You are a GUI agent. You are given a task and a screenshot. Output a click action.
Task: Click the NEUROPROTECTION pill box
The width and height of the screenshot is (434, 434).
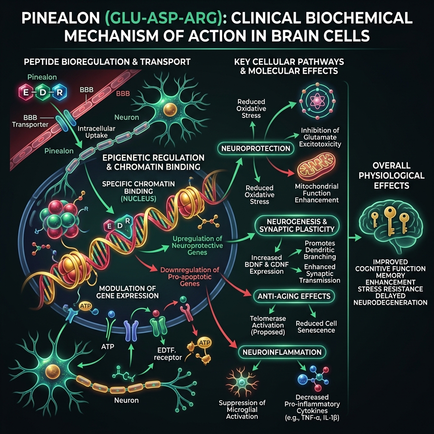click(256, 148)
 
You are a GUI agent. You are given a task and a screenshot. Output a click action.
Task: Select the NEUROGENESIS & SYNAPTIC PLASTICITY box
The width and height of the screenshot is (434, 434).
click(297, 225)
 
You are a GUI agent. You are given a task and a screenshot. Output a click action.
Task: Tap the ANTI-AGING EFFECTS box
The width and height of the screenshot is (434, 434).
click(294, 296)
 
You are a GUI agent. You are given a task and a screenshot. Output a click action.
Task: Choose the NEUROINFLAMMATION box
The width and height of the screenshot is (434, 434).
click(282, 352)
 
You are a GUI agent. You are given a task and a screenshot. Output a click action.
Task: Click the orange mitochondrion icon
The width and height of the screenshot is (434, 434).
click(316, 167)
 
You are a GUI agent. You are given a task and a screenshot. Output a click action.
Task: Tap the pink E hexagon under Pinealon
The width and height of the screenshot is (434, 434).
click(26, 92)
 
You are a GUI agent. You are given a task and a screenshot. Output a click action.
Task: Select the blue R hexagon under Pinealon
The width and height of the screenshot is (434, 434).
click(59, 92)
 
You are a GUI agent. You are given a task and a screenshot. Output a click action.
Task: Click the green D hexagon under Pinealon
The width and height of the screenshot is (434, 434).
click(42, 92)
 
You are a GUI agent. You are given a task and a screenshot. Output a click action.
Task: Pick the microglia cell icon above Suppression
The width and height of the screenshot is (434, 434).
click(242, 382)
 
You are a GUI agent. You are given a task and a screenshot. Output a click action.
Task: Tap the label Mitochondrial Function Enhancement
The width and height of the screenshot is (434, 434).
click(317, 193)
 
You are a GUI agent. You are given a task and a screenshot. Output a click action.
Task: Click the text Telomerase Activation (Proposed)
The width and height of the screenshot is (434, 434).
click(268, 325)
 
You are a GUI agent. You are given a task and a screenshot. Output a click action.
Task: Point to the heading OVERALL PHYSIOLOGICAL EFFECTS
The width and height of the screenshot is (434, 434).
click(391, 175)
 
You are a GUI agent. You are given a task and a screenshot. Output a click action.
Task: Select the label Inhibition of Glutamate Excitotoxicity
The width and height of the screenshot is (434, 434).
click(320, 137)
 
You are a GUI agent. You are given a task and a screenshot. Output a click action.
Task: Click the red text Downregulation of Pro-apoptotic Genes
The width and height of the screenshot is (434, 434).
click(190, 276)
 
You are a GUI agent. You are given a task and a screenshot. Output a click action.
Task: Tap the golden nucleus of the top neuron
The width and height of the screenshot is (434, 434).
click(170, 110)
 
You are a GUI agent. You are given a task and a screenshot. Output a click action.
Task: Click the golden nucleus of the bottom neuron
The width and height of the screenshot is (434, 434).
click(52, 371)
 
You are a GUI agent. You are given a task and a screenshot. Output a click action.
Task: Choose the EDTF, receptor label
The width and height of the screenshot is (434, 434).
click(168, 354)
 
